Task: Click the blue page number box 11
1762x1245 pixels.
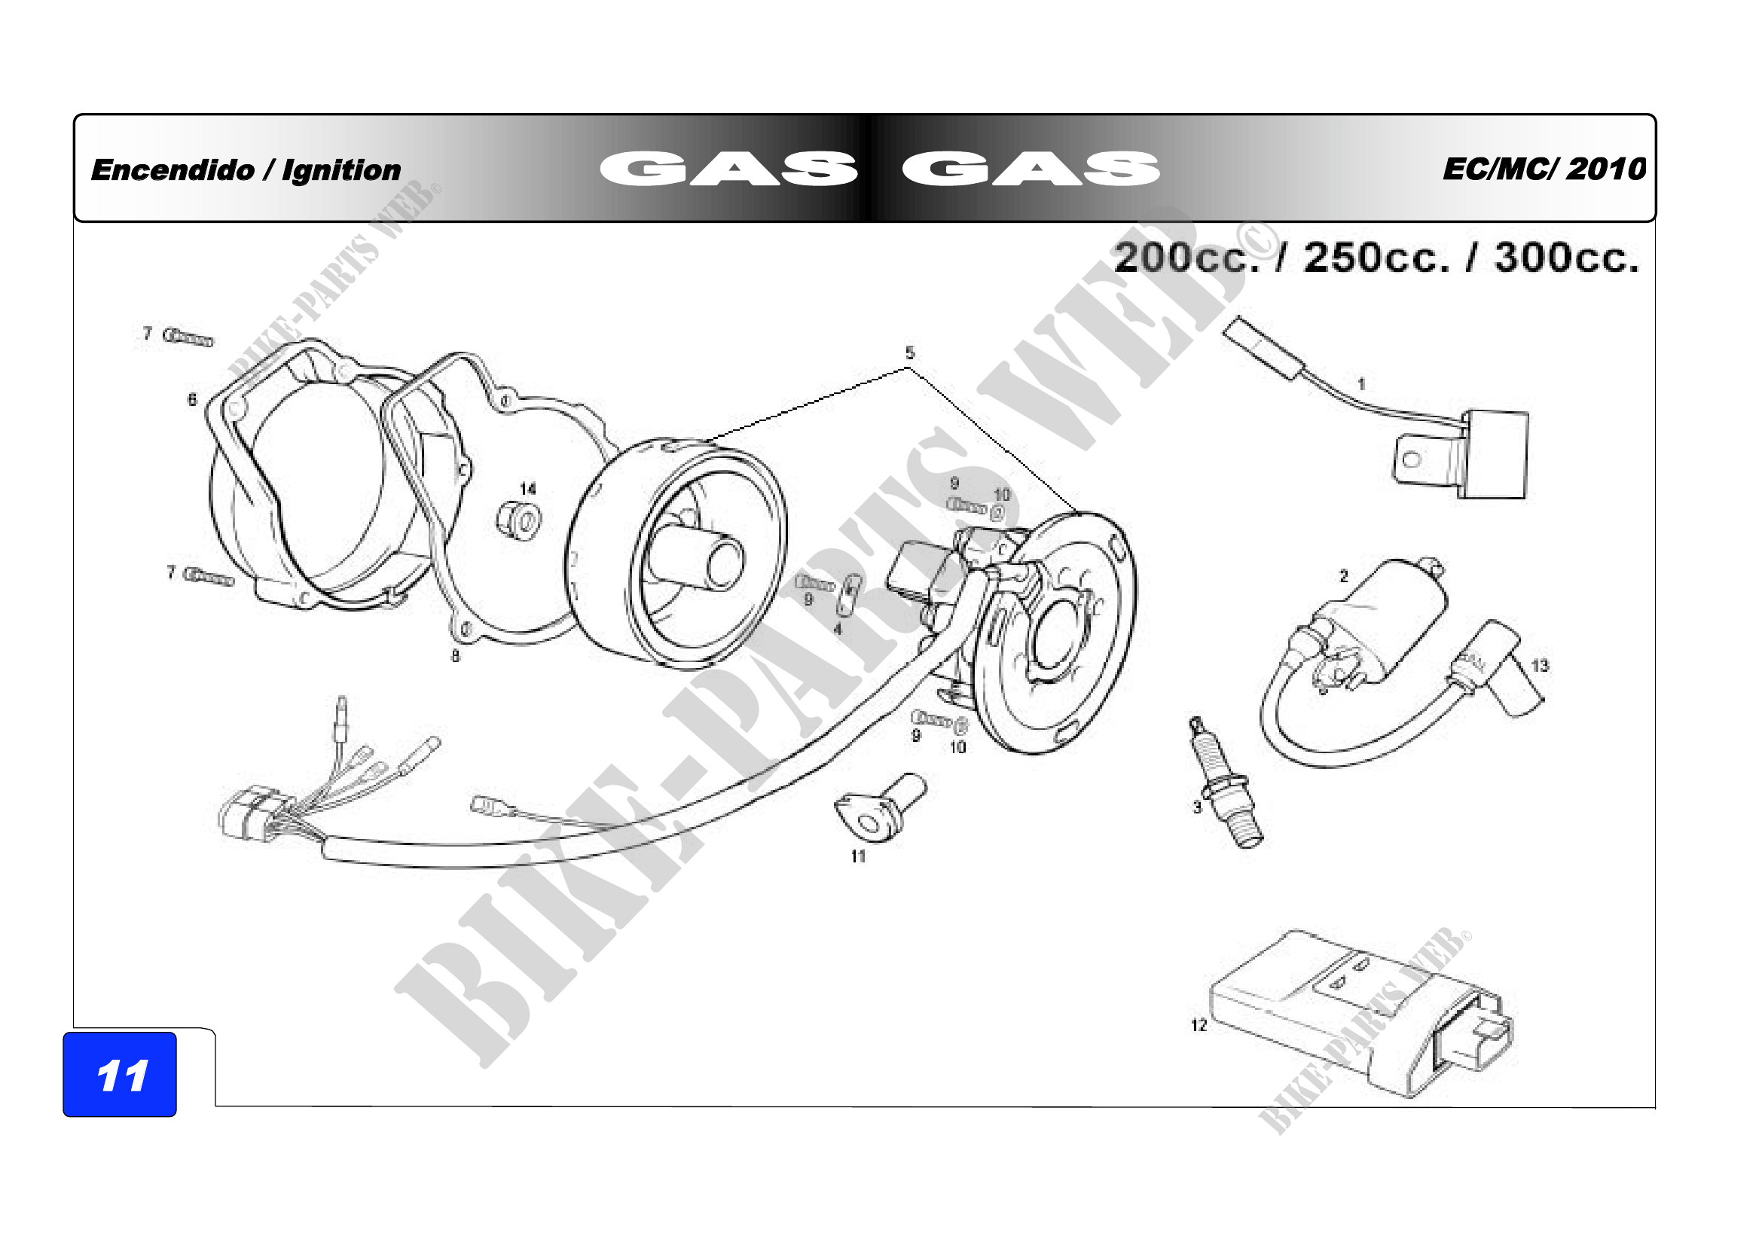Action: coord(120,1074)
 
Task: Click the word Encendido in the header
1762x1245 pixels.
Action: coord(172,169)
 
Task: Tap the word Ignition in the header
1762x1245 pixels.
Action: coord(341,171)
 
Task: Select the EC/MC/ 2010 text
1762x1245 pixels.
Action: coord(1544,169)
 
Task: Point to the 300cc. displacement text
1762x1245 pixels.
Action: coord(1566,258)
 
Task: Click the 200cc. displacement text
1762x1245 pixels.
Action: coord(1186,258)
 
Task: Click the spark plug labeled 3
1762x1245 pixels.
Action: coord(1226,783)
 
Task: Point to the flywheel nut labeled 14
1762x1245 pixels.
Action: coord(519,521)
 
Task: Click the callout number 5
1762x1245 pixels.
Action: coord(910,353)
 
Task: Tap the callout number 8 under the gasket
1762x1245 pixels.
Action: coord(455,656)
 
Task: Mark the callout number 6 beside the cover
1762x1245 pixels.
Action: coord(192,399)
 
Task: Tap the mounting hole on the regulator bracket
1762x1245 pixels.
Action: coord(1412,461)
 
